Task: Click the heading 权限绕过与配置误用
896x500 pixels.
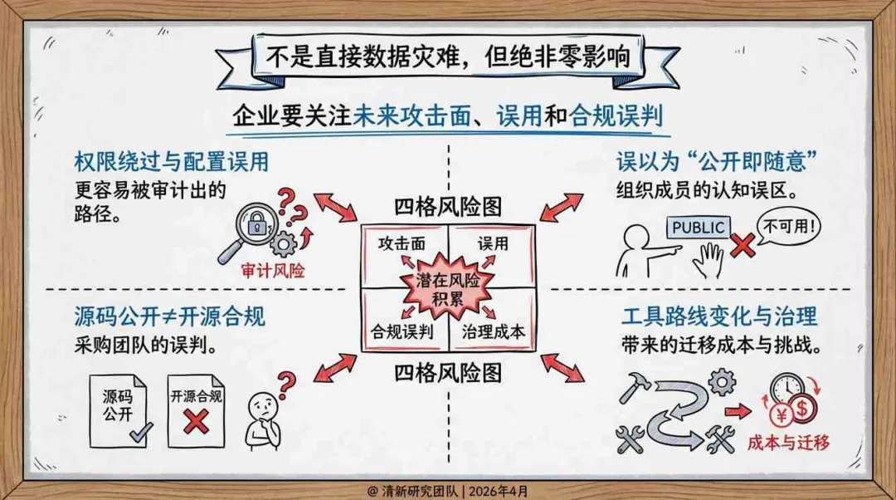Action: (171, 161)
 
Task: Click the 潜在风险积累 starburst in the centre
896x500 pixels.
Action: (448, 289)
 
